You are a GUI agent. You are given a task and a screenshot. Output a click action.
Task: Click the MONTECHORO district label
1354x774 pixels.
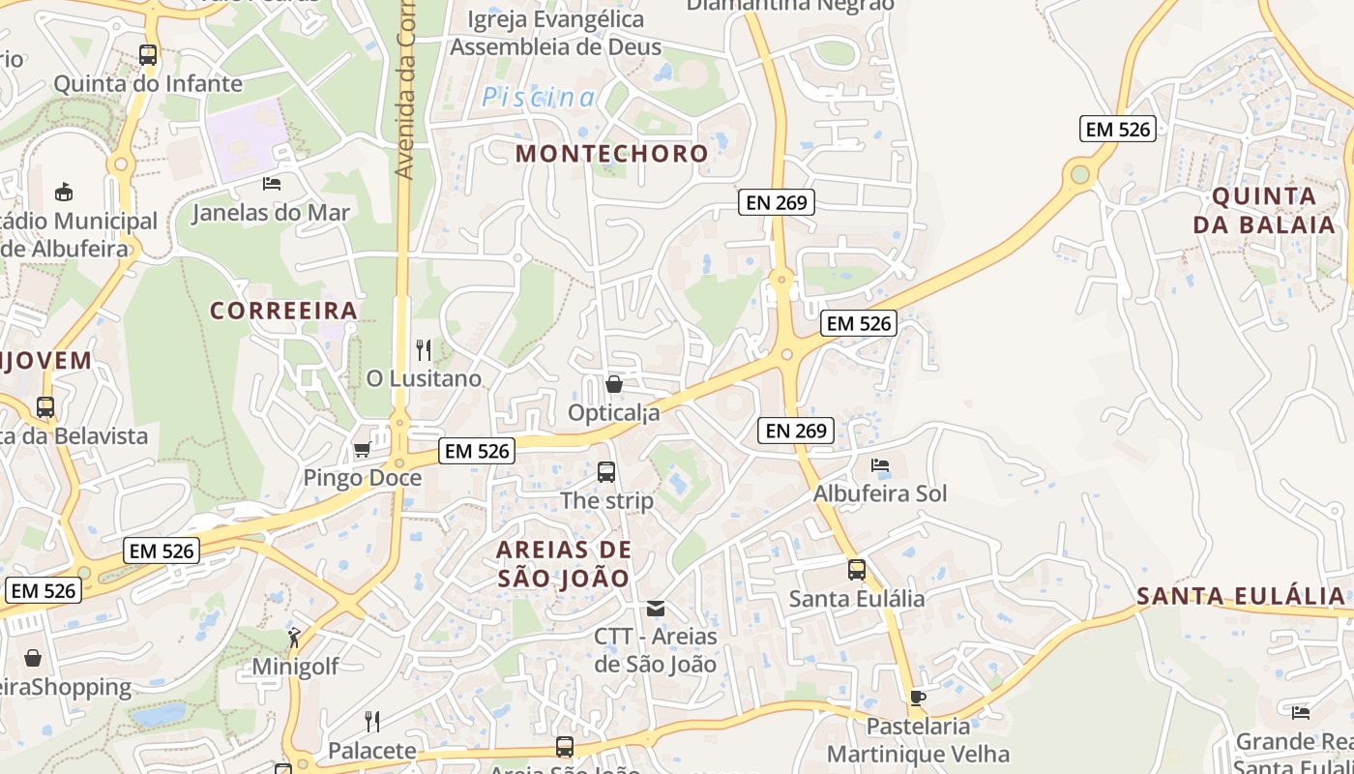611,153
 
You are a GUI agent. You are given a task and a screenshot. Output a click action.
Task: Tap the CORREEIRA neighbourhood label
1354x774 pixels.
283,311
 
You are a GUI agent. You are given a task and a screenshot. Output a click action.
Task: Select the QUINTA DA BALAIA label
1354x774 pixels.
1263,211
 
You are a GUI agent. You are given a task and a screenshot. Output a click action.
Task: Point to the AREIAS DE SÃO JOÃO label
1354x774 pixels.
563,564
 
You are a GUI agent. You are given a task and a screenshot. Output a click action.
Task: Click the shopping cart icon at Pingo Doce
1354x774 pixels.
362,449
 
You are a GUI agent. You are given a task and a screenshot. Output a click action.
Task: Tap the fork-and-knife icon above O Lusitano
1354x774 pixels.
423,349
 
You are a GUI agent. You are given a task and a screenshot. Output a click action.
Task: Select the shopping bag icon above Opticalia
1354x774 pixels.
613,384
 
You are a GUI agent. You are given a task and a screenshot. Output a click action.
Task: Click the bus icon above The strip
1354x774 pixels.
606,472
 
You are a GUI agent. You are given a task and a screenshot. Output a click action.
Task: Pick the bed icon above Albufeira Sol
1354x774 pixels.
879,465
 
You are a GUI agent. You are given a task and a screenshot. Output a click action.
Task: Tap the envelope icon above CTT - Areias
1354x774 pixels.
656,608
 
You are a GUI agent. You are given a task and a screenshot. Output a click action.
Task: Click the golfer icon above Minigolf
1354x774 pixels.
294,638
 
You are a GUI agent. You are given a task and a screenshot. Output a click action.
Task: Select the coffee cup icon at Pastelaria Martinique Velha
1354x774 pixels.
917,697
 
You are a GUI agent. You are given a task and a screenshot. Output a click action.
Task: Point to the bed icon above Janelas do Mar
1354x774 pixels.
272,183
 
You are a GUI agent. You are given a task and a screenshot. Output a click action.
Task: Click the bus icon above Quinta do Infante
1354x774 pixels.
148,55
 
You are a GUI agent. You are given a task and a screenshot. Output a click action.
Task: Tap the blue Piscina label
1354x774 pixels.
539,97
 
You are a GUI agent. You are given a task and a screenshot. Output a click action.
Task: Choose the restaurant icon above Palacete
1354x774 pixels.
371,721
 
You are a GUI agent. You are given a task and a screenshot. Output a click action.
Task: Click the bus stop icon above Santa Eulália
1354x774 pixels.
857,570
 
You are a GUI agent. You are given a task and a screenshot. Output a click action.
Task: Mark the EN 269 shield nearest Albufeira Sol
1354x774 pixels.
797,431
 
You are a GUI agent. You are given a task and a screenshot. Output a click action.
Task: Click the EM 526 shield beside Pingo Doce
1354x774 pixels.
477,450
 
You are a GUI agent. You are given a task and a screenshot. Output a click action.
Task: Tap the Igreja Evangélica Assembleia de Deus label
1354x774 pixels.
556,33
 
